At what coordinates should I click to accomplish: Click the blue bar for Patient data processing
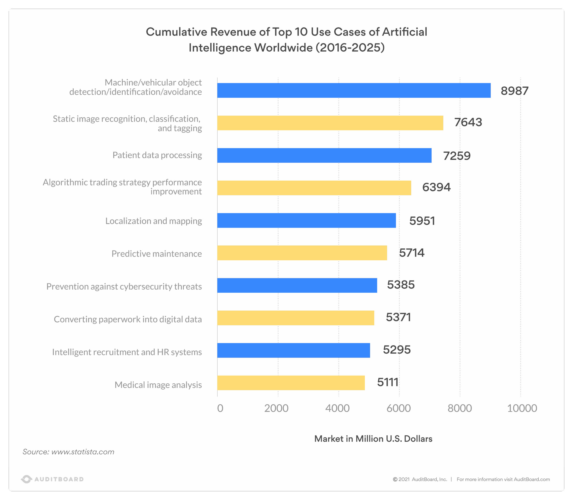coord(324,155)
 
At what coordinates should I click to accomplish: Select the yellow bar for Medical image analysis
coord(291,383)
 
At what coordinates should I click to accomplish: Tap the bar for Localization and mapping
coord(306,220)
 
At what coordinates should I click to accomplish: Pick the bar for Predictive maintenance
coord(302,253)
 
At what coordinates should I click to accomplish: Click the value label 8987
coord(514,91)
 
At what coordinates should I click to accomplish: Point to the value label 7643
coord(468,122)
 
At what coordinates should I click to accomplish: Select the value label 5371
coord(398,317)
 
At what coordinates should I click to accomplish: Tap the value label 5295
coord(397,350)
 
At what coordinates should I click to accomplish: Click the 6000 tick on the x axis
coord(399,408)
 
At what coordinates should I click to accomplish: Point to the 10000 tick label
coord(522,408)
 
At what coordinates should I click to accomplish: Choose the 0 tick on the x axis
coord(220,408)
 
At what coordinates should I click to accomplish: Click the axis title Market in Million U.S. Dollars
coord(373,439)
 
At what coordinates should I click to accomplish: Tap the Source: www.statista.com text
coord(68,452)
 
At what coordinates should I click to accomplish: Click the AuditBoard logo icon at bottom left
coord(27,479)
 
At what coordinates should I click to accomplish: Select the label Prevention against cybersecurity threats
coord(124,287)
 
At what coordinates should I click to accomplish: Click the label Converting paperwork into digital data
coord(128,319)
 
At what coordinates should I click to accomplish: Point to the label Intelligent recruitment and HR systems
coord(127,352)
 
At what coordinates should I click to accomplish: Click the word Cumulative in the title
coord(176,32)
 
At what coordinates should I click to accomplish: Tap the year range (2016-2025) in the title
coord(350,48)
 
